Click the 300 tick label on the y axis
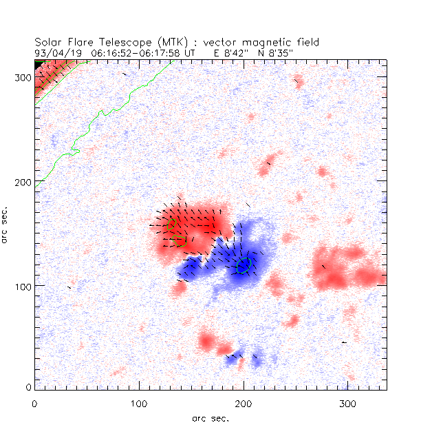(21, 77)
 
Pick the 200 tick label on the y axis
(21, 181)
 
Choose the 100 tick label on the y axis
(21, 285)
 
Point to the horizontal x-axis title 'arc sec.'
(210, 417)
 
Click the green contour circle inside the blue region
(244, 265)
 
